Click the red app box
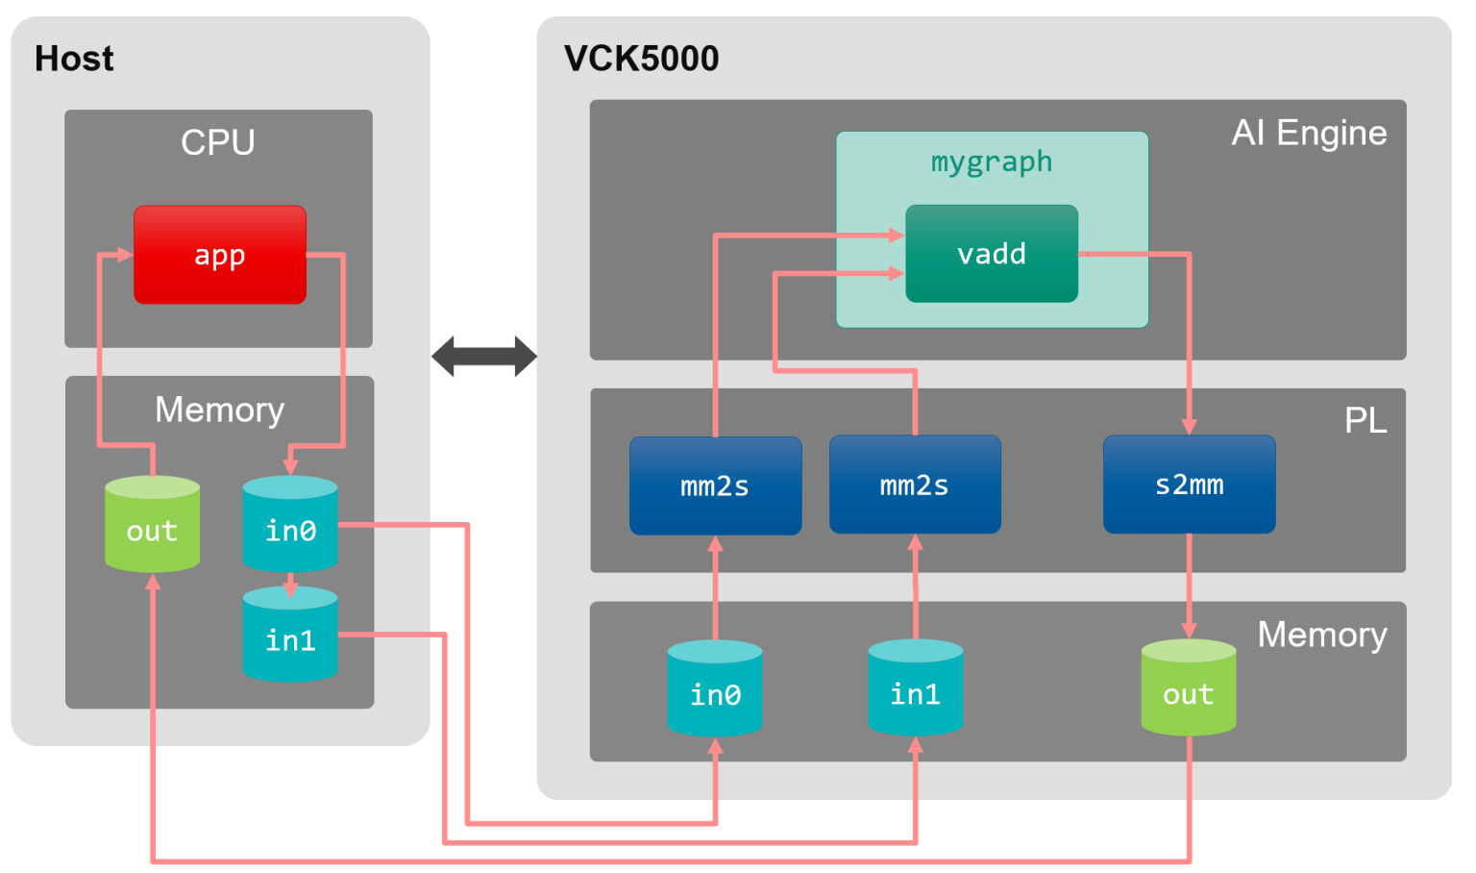tap(220, 255)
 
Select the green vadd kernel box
tap(991, 254)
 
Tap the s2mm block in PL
tap(1189, 485)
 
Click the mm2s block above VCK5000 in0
tap(715, 486)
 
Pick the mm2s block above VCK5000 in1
tap(914, 485)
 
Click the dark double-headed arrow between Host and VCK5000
tap(484, 357)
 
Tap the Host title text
tap(74, 59)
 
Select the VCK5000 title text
tap(641, 59)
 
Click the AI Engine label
tap(1309, 133)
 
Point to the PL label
tap(1365, 420)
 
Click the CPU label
tap(218, 142)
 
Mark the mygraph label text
tap(991, 162)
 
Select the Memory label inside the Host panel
tap(219, 410)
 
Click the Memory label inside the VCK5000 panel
tap(1321, 635)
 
